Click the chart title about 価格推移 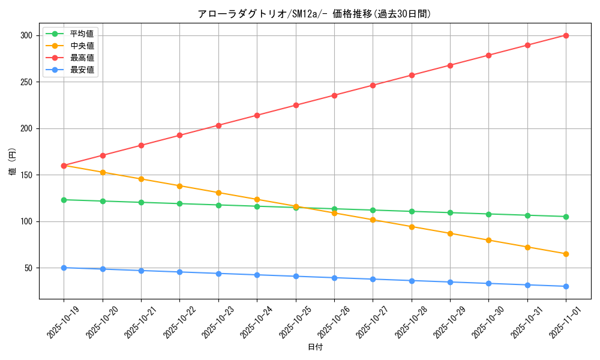[314, 14]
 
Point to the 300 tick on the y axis [28, 35]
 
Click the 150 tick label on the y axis [28, 175]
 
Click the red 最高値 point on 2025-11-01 [566, 35]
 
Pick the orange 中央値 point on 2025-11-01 [566, 254]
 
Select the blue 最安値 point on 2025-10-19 [64, 268]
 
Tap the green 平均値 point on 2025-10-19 [64, 200]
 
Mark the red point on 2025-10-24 [257, 115]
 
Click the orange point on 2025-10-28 [412, 227]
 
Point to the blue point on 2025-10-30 [488, 283]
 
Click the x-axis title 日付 [315, 347]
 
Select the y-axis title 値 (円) [12, 162]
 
